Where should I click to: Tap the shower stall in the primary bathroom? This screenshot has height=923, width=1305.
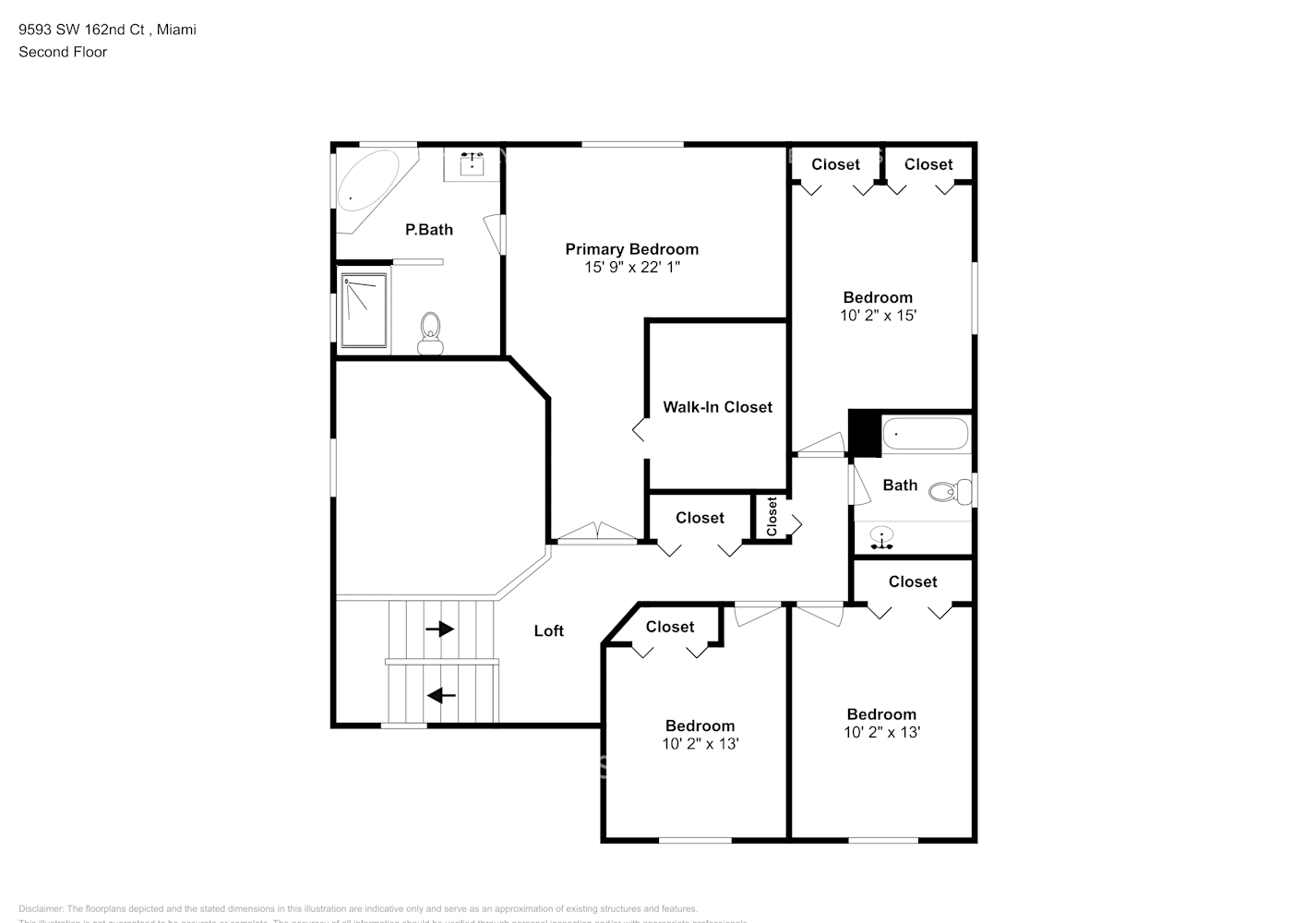point(363,309)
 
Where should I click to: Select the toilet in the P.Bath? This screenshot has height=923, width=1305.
point(430,332)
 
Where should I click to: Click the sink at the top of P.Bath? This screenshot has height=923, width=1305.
point(472,163)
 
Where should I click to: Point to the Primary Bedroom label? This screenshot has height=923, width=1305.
point(631,249)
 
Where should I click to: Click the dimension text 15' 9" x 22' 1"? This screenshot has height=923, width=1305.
point(631,267)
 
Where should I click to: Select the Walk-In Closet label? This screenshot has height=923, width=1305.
point(717,407)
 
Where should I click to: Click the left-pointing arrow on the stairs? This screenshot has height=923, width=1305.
point(442,694)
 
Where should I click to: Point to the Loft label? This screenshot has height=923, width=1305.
point(548,630)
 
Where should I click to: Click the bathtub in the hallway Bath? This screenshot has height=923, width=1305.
point(925,433)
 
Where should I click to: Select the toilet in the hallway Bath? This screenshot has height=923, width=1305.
point(950,491)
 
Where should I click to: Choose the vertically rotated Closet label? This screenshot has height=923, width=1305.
point(772,517)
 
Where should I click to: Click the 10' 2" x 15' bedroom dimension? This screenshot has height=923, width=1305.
point(878,315)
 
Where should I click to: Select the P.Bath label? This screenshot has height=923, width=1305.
point(429,229)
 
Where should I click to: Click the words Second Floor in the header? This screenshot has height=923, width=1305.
point(63,52)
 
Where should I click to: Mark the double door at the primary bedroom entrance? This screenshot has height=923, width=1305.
point(598,533)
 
